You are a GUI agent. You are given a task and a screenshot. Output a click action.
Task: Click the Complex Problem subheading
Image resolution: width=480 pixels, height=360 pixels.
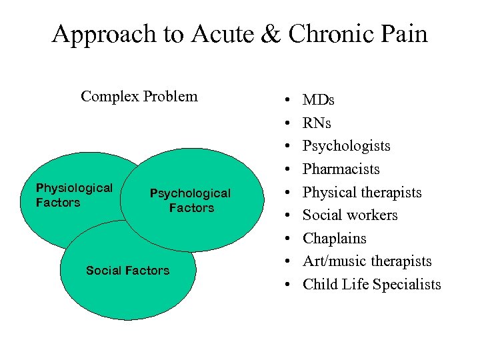139,96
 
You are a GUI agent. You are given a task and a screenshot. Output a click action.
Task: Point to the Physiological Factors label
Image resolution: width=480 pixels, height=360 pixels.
74,195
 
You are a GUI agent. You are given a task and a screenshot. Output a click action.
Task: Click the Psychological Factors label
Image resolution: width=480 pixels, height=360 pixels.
190,201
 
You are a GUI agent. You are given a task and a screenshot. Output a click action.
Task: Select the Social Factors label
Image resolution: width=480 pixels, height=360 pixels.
127,271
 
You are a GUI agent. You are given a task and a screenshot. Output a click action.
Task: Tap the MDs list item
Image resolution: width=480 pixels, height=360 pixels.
319,101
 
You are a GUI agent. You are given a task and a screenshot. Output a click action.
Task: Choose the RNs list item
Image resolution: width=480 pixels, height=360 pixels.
317,123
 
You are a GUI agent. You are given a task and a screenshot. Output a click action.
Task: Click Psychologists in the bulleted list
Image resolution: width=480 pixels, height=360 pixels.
347,146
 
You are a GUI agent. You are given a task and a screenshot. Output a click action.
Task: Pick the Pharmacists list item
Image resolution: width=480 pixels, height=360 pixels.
341,169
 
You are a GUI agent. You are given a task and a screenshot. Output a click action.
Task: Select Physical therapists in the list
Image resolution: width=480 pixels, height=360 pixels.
362,193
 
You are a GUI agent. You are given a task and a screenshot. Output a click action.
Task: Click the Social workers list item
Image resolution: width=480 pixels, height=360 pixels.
350,215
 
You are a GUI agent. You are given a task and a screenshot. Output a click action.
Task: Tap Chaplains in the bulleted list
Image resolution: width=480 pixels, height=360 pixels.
335,239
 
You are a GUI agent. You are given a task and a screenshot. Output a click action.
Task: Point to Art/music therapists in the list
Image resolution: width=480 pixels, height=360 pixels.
367,261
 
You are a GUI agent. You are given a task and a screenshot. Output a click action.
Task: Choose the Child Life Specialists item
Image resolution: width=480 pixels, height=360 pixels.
372,285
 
